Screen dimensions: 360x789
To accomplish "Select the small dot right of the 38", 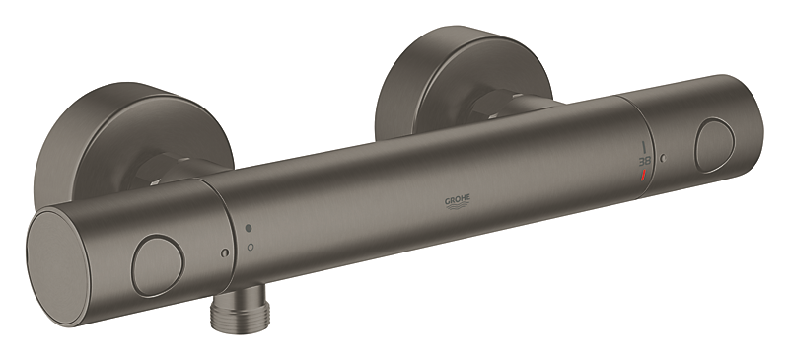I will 663,158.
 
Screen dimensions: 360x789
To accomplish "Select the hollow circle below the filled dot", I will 250,245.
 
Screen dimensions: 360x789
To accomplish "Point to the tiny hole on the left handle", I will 226,254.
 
